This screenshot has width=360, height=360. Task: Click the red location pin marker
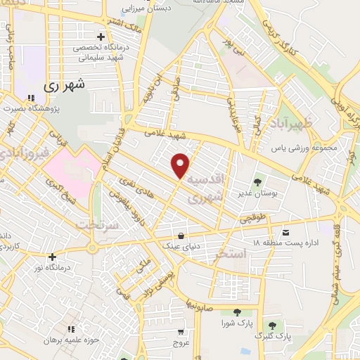[x=181, y=165]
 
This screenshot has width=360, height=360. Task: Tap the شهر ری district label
[x=64, y=86]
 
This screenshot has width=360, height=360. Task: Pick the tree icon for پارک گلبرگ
[x=272, y=326]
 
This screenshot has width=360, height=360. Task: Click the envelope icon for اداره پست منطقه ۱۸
[x=285, y=231]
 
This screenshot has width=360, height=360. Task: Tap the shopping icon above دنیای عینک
[x=183, y=236]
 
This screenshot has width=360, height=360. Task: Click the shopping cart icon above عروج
[x=182, y=332]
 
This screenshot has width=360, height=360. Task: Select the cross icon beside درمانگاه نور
[x=52, y=257]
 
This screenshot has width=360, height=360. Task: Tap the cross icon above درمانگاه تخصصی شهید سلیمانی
[x=101, y=37]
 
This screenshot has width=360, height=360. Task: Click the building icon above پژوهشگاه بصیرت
[x=30, y=98]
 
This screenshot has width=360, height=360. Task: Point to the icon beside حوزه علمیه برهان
[x=70, y=328]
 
